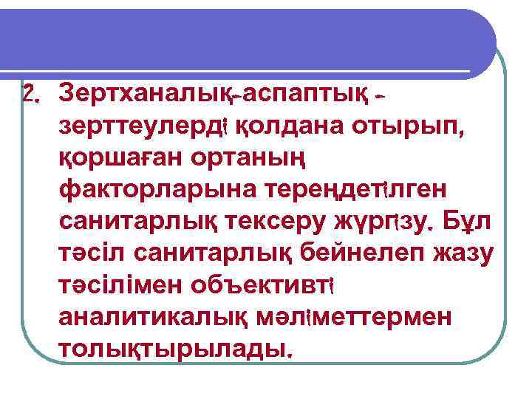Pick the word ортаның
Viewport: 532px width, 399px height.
tap(250, 159)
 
